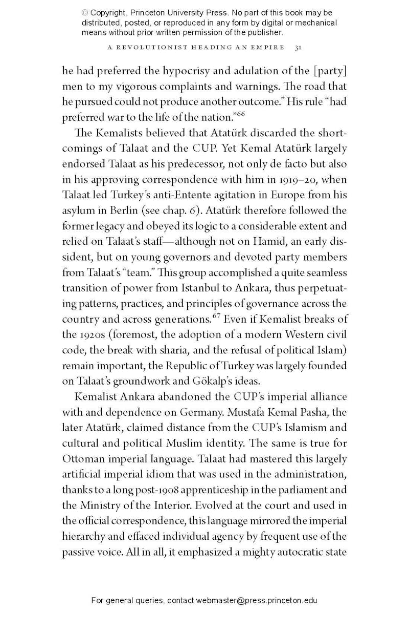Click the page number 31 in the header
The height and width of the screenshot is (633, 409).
[x=298, y=48]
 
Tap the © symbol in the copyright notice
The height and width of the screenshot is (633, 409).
[x=85, y=12]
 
